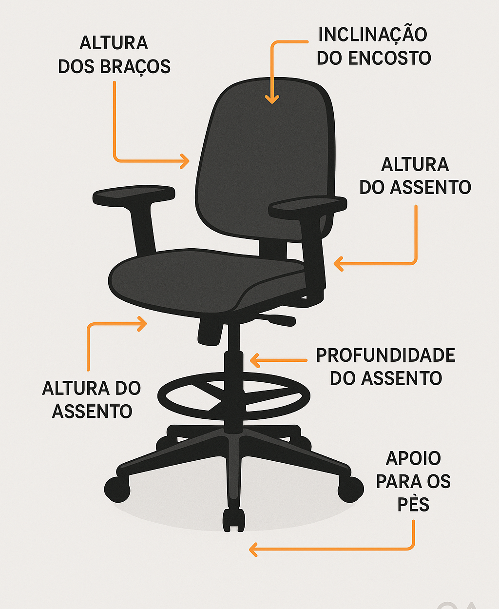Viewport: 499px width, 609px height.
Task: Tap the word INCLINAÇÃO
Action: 372,35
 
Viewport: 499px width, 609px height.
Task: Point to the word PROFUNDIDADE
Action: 385,355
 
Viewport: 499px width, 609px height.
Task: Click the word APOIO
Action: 413,458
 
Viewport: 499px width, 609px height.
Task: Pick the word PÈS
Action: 413,505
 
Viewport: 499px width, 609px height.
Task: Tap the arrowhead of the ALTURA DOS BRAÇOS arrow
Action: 185,160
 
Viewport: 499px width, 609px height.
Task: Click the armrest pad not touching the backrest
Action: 134,195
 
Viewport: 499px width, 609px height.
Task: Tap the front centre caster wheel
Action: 233,520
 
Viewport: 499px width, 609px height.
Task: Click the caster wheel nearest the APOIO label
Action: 350,489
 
